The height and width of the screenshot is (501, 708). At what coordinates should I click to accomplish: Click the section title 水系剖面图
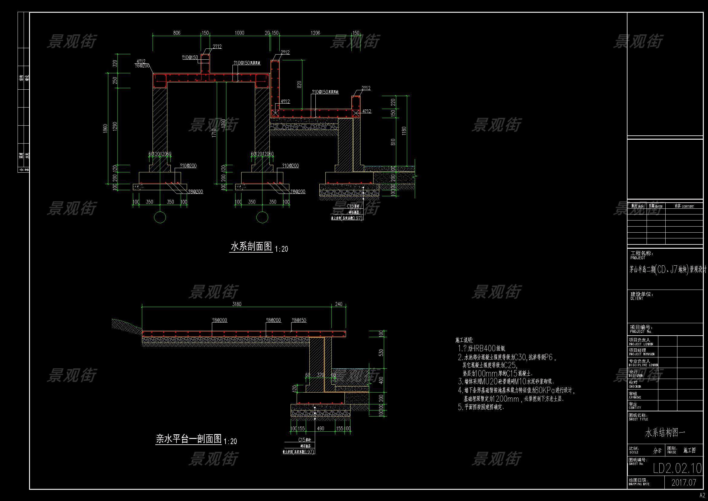[x=251, y=247]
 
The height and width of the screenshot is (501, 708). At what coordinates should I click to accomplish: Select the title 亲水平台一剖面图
[x=189, y=439]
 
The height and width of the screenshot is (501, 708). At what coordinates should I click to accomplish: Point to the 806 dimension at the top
[x=177, y=33]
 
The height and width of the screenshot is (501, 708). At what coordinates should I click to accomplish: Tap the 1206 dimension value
[x=315, y=33]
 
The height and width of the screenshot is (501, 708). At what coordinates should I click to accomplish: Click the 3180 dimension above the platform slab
[x=236, y=304]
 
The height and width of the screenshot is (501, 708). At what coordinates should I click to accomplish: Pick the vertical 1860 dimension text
[x=105, y=129]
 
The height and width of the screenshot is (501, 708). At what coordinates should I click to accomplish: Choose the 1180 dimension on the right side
[x=404, y=131]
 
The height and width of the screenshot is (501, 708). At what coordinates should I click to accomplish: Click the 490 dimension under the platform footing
[x=320, y=428]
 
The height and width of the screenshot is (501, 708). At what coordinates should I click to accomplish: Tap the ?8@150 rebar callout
[x=299, y=320]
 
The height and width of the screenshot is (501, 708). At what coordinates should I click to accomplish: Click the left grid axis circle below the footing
[x=160, y=217]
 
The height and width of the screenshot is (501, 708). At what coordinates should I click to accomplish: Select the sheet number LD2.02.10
[x=677, y=469]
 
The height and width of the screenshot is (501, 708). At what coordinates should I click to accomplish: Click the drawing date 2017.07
[x=684, y=483]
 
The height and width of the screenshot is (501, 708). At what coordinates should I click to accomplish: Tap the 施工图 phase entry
[x=690, y=450]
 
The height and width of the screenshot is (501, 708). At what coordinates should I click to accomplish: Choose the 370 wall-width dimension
[x=321, y=375]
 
